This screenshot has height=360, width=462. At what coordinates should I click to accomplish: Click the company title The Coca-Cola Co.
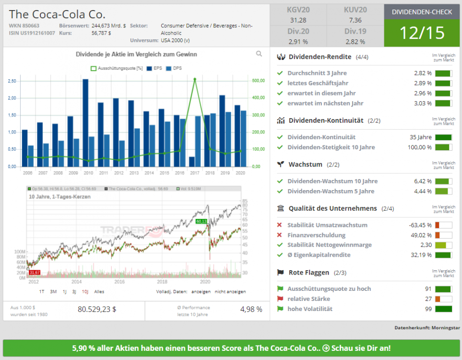[57, 14]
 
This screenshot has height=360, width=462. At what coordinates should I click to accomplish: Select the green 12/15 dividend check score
[422, 33]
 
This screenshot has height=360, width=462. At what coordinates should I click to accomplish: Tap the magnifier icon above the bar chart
[259, 54]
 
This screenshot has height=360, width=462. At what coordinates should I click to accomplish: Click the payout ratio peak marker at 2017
[195, 79]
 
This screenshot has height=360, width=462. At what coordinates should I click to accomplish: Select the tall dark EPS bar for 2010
[85, 122]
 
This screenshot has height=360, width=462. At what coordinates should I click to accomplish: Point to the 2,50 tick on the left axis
[12, 81]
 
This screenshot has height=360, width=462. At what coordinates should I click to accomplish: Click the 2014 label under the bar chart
[149, 173]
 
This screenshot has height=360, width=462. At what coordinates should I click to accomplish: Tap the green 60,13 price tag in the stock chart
[201, 221]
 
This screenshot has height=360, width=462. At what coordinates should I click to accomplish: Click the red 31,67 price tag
[35, 272]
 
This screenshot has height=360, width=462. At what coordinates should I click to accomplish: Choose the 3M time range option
[53, 291]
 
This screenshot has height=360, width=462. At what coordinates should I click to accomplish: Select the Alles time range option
[99, 291]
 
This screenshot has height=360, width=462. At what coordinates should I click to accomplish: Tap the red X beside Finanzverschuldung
[279, 235]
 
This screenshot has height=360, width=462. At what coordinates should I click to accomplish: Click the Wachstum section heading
[305, 165]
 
